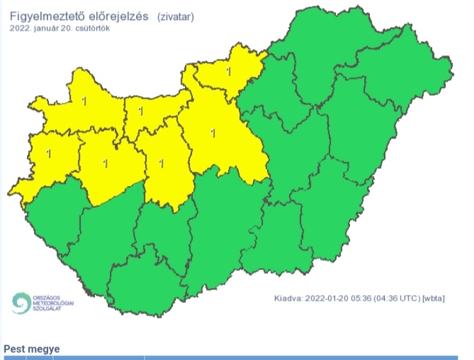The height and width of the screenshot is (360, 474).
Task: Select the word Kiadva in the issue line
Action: point(288,298)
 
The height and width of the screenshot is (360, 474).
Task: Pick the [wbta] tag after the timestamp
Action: point(434,298)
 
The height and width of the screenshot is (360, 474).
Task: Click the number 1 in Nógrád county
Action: point(229,71)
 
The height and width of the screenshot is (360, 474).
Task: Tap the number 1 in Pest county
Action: point(214,134)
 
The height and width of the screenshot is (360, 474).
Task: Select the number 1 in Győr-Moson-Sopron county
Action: point(84,100)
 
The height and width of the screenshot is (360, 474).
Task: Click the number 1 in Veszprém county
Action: point(105,163)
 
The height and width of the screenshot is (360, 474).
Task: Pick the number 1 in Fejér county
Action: point(161,163)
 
